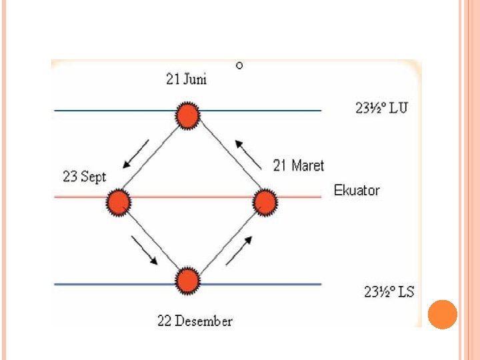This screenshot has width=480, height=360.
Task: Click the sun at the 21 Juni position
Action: click(188, 115)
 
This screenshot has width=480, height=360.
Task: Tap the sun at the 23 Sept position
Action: click(119, 201)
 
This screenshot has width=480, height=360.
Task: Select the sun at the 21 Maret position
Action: click(265, 201)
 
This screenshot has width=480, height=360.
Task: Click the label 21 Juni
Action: click(186, 79)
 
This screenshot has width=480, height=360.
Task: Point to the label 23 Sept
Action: click(84, 177)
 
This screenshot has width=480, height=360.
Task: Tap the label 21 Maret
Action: click(299, 165)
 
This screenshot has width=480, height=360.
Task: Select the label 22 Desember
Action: click(195, 321)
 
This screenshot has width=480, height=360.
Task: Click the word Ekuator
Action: click(357, 190)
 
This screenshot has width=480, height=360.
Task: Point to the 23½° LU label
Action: click(381, 107)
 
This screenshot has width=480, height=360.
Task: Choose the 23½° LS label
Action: click(389, 291)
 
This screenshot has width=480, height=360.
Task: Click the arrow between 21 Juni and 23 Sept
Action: click(136, 155)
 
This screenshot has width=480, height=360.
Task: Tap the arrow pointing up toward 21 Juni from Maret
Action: click(248, 154)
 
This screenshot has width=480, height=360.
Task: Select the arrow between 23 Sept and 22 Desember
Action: click(144, 250)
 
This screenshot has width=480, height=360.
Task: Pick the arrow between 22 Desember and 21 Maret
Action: click(239, 250)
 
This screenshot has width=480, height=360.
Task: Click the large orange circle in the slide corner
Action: click(442, 315)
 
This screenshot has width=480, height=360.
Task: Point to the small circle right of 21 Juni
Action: click(239, 65)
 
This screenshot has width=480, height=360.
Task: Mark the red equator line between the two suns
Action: click(191, 197)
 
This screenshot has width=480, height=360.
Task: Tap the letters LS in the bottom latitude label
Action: click(405, 291)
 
